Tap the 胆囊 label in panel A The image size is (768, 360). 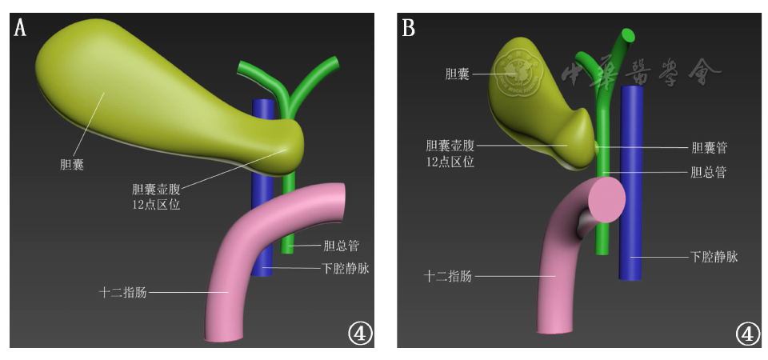[x=74, y=166]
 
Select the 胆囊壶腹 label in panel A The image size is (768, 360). [x=157, y=190]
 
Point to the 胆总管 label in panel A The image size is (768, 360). [x=340, y=246]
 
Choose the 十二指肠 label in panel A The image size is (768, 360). [x=122, y=292]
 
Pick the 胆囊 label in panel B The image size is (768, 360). [x=457, y=74]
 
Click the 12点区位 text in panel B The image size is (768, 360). [x=450, y=162]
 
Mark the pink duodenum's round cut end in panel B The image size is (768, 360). [x=606, y=199]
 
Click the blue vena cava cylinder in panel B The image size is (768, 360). [x=632, y=184]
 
